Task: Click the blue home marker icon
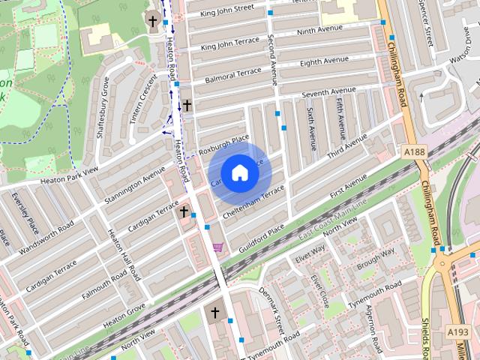point(238,173)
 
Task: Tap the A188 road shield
point(414,151)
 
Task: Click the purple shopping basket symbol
point(217,247)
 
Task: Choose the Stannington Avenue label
point(134,183)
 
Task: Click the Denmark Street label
point(271,309)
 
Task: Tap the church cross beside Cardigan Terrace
point(183,213)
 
